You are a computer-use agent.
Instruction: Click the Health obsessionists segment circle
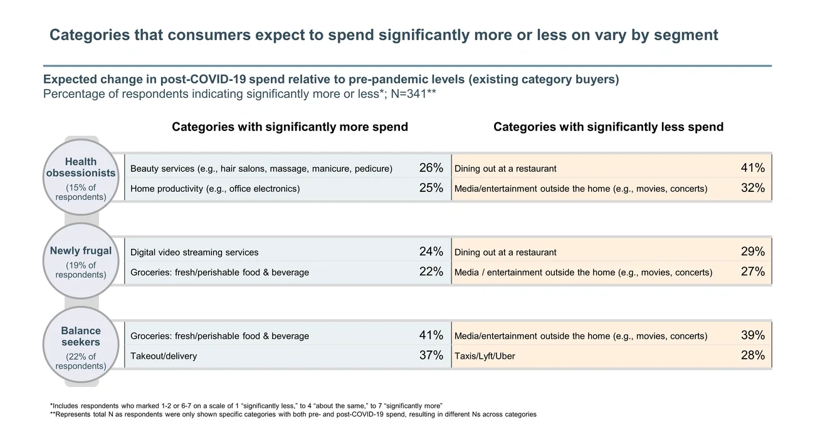click(80, 178)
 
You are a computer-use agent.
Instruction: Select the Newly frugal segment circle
click(80, 261)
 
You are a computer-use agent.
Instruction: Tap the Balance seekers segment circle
click(80, 345)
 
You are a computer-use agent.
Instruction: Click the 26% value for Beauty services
click(431, 168)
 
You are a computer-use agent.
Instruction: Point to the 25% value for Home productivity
click(431, 188)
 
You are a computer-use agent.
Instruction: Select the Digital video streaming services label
click(194, 252)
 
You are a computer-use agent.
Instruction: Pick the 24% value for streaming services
click(431, 252)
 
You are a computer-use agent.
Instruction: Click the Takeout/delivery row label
click(164, 356)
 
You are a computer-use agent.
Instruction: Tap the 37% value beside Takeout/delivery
click(431, 356)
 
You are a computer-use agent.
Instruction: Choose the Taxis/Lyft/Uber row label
click(485, 356)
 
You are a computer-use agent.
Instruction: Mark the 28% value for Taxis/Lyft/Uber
click(752, 356)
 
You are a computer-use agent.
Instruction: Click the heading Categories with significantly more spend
click(290, 127)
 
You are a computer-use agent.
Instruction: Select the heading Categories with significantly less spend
click(608, 127)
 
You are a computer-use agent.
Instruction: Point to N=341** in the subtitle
click(413, 94)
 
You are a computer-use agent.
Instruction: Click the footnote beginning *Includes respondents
click(246, 406)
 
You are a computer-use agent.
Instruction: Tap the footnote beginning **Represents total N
click(293, 415)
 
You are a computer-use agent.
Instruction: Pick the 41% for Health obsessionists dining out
click(752, 168)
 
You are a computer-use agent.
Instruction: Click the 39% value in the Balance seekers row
click(752, 336)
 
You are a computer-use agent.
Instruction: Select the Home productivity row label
click(215, 189)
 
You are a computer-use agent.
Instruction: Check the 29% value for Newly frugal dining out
click(752, 252)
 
